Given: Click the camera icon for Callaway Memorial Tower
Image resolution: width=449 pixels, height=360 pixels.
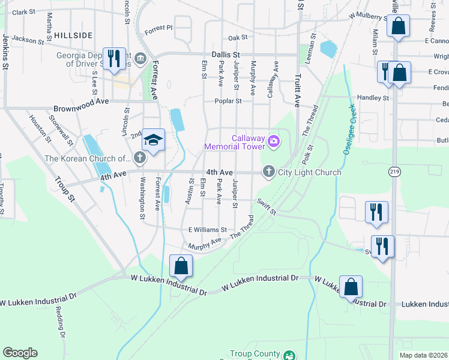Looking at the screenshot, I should [x=274, y=142].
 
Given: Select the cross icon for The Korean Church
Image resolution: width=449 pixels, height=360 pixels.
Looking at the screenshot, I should [x=139, y=158].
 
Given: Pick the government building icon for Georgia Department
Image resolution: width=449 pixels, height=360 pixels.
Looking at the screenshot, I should [x=140, y=58].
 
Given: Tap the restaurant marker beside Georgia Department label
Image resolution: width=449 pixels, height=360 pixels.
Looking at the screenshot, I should [x=114, y=58].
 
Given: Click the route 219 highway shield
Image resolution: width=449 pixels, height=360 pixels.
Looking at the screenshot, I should [x=394, y=172].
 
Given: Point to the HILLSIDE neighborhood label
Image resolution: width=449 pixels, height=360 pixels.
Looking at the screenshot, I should [x=73, y=36].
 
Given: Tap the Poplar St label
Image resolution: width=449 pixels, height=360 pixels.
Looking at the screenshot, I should [x=229, y=101].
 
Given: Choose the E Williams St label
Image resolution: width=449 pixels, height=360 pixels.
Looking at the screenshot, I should [x=208, y=229].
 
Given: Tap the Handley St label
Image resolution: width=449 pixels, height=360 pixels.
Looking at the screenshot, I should [x=373, y=98].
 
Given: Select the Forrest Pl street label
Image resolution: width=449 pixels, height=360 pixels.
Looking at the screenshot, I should [x=158, y=28].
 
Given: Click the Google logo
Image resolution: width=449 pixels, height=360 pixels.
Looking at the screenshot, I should [x=20, y=353].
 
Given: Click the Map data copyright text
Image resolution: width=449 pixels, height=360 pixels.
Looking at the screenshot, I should [x=423, y=355].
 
